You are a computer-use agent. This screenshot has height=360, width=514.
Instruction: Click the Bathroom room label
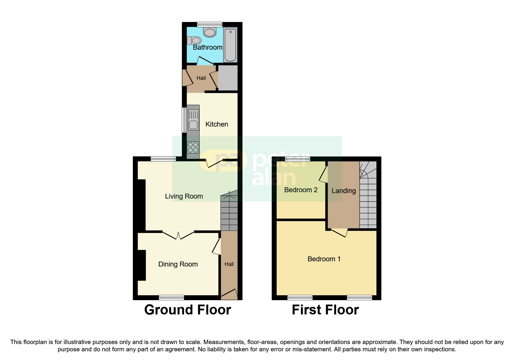pyautogui.click(x=208, y=47)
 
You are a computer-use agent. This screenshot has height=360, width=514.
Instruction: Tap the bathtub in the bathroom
pyautogui.click(x=230, y=45)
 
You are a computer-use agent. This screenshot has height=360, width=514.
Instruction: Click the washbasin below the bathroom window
pyautogui.click(x=210, y=32)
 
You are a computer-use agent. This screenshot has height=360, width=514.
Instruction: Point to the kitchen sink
pyautogui.click(x=193, y=125)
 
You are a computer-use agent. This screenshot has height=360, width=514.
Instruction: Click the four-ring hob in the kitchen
pyautogui.click(x=193, y=147)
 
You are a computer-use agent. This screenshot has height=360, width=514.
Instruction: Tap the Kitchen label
pyautogui.click(x=217, y=124)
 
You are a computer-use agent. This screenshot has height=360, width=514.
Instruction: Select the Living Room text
pyautogui.click(x=184, y=196)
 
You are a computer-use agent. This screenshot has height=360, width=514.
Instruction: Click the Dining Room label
pyautogui.click(x=178, y=264)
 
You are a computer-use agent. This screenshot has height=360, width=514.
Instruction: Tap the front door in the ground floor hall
pyautogui.click(x=229, y=294)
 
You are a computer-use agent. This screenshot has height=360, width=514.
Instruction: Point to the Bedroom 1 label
pyautogui.click(x=324, y=259)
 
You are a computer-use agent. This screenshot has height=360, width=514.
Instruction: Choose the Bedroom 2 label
pyautogui.click(x=301, y=190)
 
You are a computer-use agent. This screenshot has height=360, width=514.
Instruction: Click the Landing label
pyautogui.click(x=344, y=191)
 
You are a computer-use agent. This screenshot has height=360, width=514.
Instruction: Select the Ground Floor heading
pyautogui.click(x=187, y=310)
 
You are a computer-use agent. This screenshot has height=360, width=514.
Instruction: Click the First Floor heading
pyautogui.click(x=325, y=310)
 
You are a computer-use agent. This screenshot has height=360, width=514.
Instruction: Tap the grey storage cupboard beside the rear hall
pyautogui.click(x=228, y=78)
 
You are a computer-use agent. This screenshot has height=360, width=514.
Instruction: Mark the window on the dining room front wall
pyautogui.click(x=171, y=297)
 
